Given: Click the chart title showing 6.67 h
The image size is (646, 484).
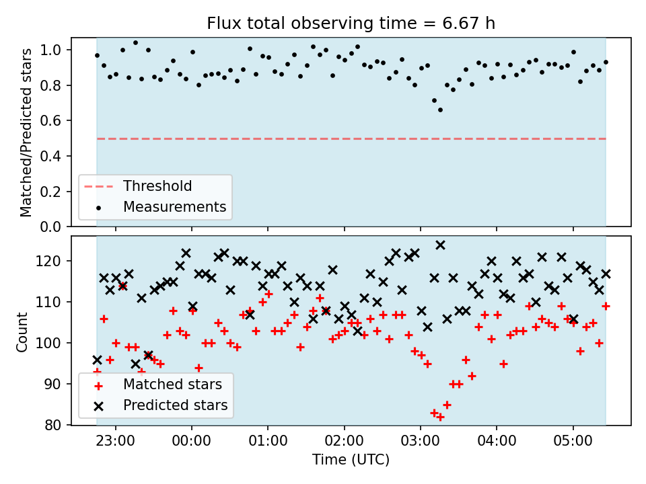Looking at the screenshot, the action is (351, 23).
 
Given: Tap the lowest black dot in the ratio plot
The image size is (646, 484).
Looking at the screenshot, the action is (440, 110).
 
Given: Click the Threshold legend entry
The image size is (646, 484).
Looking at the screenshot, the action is (138, 186).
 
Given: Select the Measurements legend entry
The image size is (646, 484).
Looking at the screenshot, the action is (161, 206).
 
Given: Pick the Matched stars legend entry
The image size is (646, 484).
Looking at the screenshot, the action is (159, 385).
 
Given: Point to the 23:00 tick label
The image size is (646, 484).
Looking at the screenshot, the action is (115, 441).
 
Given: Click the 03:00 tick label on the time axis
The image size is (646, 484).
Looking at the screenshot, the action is (420, 441).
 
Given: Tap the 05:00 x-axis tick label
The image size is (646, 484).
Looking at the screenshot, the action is (573, 441).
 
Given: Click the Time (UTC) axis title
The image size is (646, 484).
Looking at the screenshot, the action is (351, 459).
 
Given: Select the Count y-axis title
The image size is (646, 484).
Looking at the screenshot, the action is (22, 331).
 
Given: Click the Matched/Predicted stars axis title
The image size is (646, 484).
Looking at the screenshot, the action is (26, 132).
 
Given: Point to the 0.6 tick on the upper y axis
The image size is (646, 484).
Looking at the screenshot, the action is (50, 121).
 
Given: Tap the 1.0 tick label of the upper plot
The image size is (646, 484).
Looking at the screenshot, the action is (50, 50).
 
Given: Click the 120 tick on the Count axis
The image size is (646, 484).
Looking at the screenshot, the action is (48, 261).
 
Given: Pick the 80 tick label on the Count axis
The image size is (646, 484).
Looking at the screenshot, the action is (52, 425).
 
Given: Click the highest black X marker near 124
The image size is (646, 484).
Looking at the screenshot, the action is (440, 245).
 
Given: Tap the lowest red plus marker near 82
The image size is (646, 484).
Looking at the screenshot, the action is (440, 417).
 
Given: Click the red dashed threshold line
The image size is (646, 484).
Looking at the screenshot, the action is (351, 139).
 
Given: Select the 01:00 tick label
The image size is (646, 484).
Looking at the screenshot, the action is (268, 441).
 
